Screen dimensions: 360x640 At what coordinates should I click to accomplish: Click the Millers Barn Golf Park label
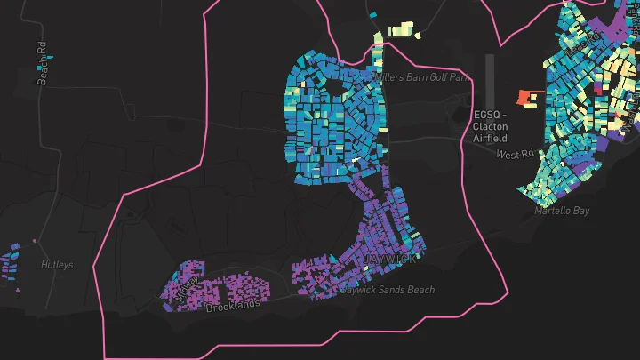point(421,77)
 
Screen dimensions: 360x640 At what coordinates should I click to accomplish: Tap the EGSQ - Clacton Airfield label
point(491,126)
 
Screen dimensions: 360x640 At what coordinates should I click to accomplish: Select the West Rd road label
point(514,155)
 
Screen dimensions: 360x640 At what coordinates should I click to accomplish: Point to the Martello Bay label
point(562,212)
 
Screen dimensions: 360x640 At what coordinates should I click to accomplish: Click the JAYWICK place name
point(390,259)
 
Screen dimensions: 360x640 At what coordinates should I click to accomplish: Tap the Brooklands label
point(233,306)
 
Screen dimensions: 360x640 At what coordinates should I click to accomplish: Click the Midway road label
point(188,286)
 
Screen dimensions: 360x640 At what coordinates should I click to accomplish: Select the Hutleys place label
point(57,265)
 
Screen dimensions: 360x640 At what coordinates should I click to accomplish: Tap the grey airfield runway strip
point(489,80)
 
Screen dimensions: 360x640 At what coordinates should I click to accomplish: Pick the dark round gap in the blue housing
point(334,87)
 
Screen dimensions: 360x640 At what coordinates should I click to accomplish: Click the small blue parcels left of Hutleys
point(10,265)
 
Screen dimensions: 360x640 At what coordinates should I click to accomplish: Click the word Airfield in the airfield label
point(491,138)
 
